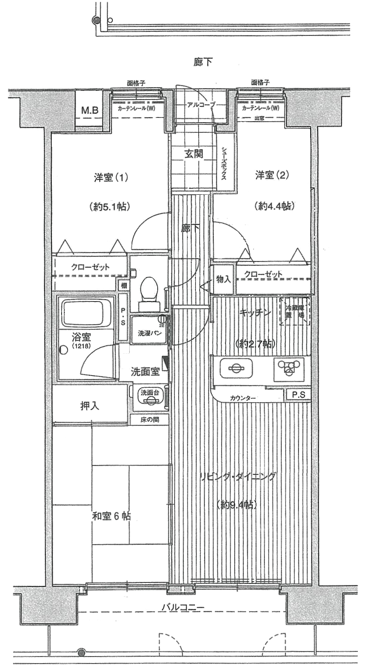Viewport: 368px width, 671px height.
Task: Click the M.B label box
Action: (x=90, y=111)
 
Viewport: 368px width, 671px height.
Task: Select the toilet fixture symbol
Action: (x=149, y=294)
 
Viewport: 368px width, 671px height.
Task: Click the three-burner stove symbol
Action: (x=288, y=369)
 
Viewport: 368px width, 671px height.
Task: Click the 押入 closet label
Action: (x=90, y=406)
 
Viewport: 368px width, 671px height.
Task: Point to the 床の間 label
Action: (x=150, y=419)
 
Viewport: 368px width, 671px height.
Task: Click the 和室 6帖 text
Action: (x=111, y=516)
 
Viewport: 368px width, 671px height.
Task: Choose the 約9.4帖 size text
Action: (x=238, y=505)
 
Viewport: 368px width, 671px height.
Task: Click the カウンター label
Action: (x=243, y=398)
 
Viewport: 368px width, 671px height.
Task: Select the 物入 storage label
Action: (x=223, y=279)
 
